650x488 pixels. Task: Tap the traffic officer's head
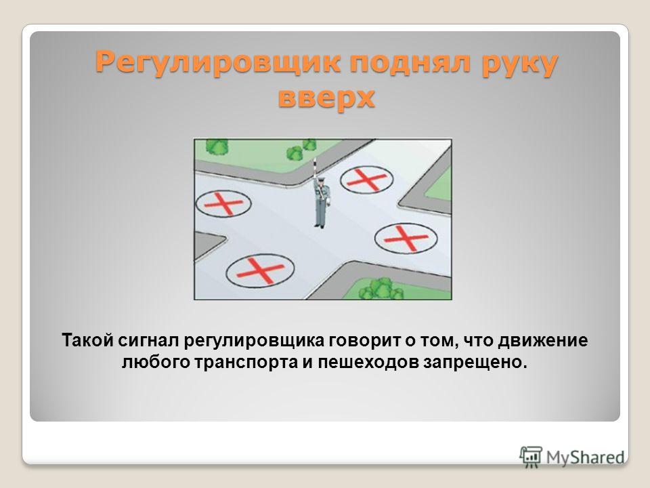tap(323, 180)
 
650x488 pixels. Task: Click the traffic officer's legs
tap(319, 216)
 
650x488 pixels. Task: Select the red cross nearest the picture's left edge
tap(224, 204)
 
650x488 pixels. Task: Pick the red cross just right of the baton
tap(367, 179)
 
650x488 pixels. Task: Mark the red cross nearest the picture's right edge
tap(406, 238)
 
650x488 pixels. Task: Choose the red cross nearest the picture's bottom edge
tap(260, 270)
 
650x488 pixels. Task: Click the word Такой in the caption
tap(87, 340)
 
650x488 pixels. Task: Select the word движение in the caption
tap(542, 341)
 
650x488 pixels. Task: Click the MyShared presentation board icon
tap(531, 457)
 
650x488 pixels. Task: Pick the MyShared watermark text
tap(585, 457)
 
